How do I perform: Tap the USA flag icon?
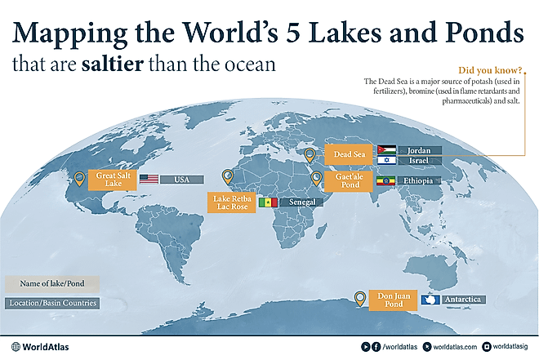[x=149, y=179]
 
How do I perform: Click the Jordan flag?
[x=387, y=150]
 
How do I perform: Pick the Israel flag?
[x=387, y=162]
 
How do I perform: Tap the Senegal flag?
[x=268, y=202]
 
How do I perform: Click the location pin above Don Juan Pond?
[x=359, y=298]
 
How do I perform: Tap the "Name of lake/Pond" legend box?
[x=51, y=284]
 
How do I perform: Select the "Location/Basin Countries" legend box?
[x=51, y=303]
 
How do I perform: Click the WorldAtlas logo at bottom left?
[x=41, y=346]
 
